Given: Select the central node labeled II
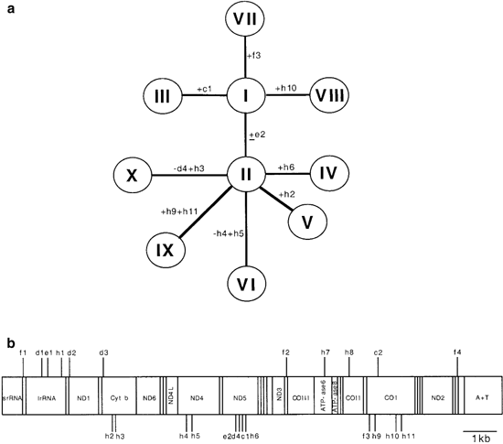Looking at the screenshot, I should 246,171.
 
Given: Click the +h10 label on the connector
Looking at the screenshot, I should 286,88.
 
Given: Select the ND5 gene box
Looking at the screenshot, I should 240,399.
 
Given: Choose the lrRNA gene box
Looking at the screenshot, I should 47,399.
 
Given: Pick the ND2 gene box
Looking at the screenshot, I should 437,399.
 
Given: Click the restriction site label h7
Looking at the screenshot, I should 326,353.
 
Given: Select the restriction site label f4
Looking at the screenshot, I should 458,353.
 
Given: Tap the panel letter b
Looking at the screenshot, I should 10,343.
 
